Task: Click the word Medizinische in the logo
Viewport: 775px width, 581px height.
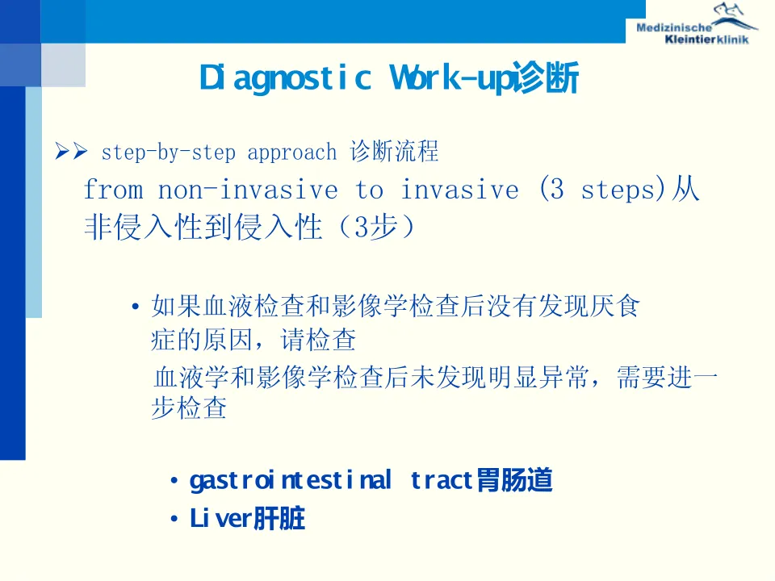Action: tap(673, 27)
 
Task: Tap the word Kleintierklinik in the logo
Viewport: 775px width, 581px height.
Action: tap(707, 40)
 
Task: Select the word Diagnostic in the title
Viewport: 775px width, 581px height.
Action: tap(285, 79)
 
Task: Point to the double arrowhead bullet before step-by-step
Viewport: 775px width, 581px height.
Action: tap(71, 151)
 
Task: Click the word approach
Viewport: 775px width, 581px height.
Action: tap(292, 153)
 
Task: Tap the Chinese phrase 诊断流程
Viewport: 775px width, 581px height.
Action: tap(394, 151)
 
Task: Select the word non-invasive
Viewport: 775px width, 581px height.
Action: tap(248, 190)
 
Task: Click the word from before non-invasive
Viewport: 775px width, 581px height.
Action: tap(114, 190)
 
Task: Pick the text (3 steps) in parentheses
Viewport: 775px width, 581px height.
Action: tap(602, 190)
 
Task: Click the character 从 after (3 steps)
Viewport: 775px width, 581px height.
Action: tap(685, 190)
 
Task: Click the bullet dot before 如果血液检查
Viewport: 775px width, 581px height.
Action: tap(136, 307)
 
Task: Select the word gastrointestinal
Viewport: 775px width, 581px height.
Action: tap(291, 481)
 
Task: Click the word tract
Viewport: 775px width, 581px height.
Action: tap(442, 481)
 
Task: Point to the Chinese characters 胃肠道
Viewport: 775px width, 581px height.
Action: tap(514, 480)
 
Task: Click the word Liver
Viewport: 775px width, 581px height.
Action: tap(221, 519)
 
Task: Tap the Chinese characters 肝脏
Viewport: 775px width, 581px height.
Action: tap(279, 519)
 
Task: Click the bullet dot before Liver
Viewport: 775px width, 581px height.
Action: tap(174, 519)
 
